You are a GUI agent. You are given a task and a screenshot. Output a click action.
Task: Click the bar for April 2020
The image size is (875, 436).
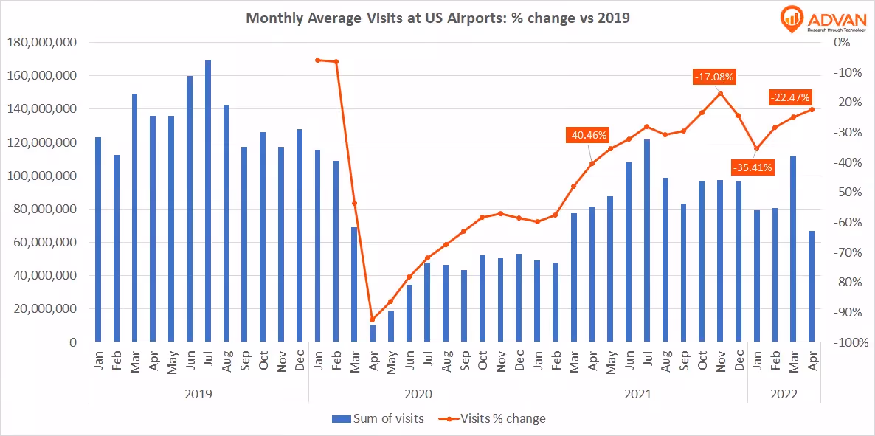373,333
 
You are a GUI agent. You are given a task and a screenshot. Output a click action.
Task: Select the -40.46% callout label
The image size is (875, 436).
587,135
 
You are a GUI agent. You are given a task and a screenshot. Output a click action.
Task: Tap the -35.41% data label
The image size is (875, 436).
752,167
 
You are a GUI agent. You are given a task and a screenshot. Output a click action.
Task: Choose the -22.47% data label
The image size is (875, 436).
789,97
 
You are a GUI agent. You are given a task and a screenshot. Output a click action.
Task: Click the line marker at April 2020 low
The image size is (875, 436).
373,320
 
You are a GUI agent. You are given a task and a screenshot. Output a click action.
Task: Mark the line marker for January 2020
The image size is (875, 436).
318,60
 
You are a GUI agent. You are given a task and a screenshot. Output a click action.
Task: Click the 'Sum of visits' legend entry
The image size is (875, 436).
378,418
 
